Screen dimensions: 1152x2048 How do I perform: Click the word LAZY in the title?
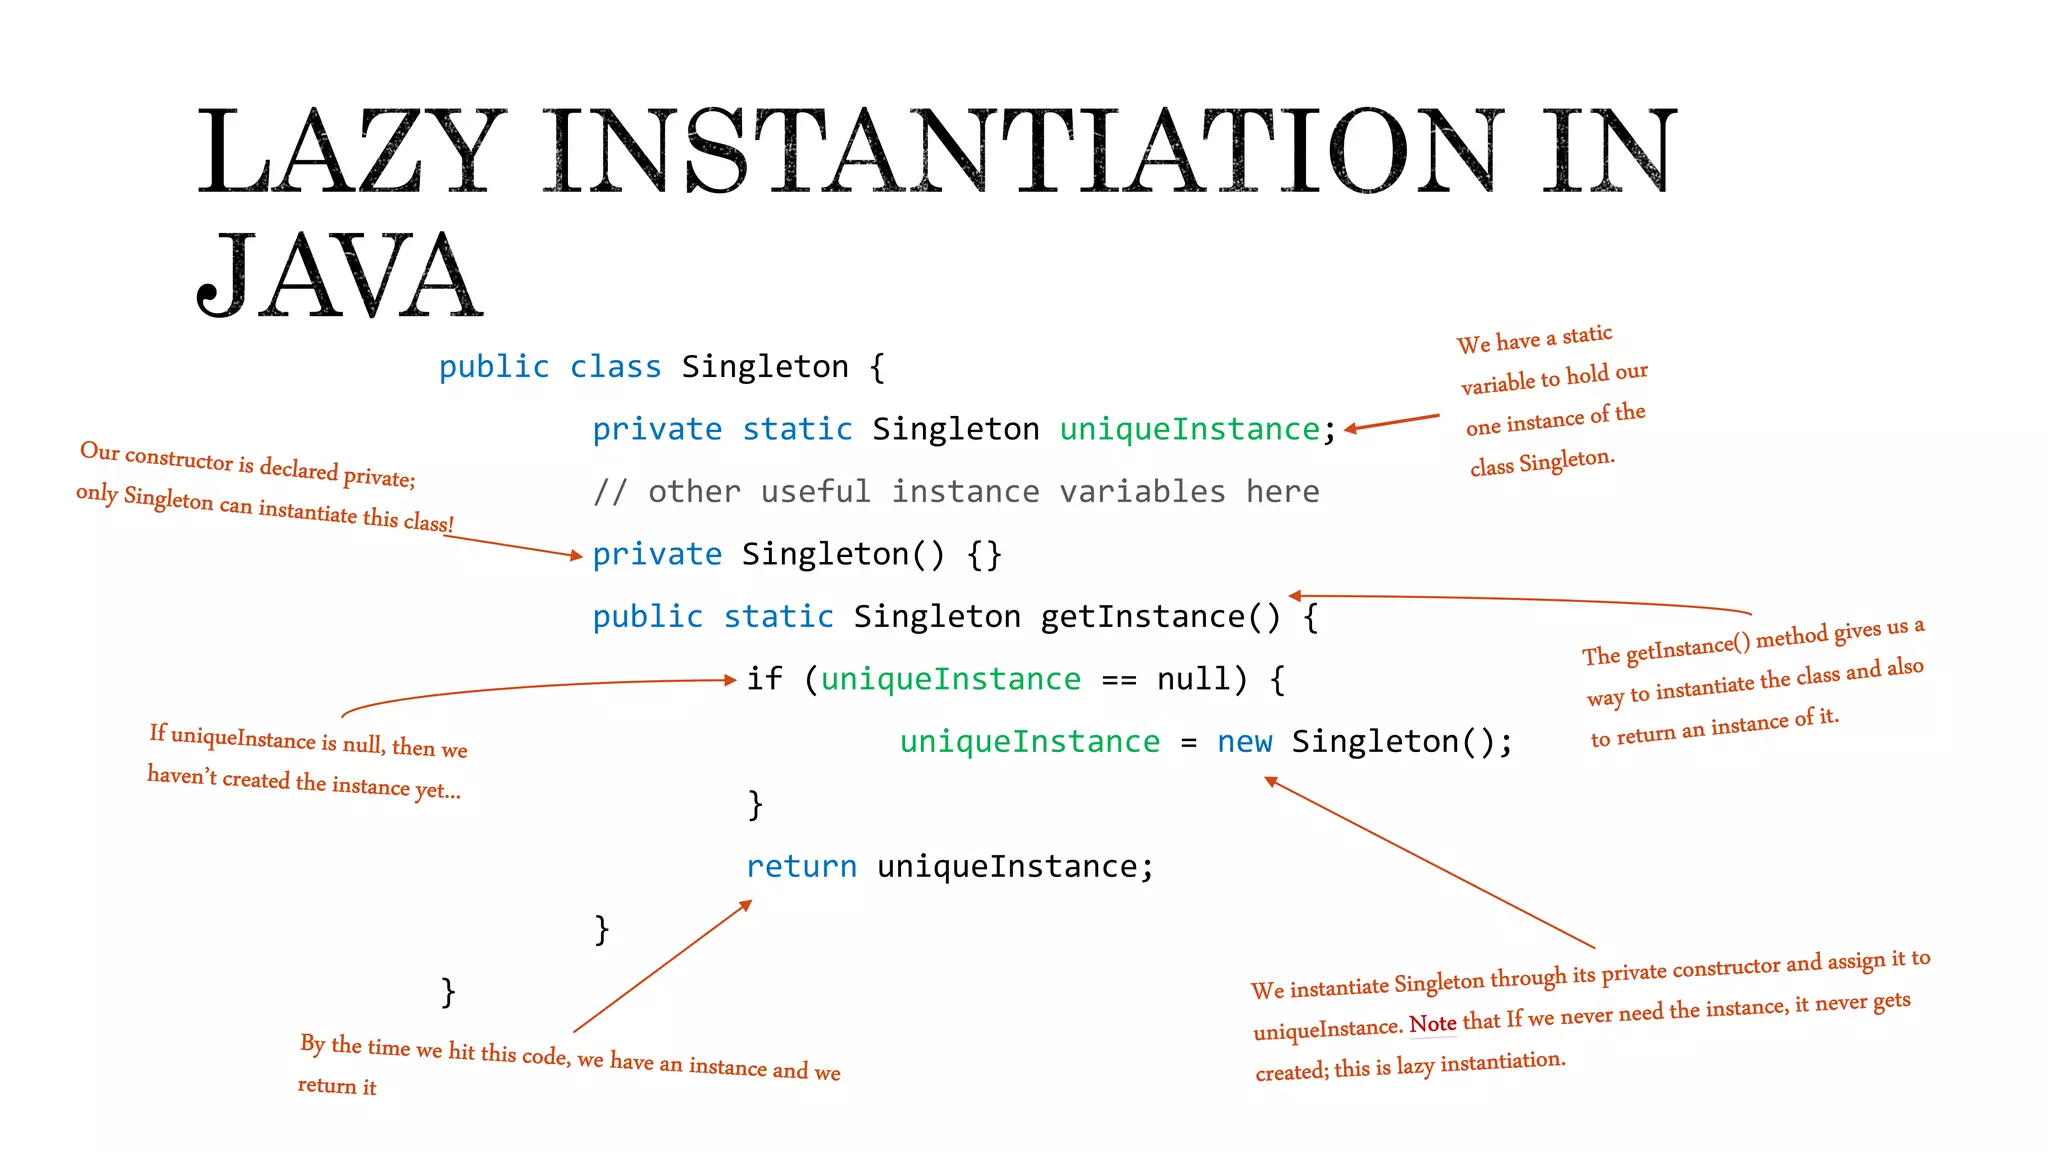pos(350,152)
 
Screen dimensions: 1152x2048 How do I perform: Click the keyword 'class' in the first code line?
pos(615,367)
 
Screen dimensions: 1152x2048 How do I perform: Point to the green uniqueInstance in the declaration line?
pos(1189,429)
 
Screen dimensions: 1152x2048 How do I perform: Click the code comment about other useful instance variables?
pos(955,492)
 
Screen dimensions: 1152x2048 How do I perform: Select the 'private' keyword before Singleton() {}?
pos(656,554)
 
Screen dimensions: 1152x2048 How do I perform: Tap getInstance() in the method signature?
pos(1160,617)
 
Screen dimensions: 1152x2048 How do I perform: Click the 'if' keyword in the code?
pos(764,679)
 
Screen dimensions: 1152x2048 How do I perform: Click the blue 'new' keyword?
pos(1244,742)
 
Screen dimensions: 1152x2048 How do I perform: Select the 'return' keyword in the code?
pos(801,866)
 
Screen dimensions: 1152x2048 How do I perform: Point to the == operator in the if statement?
pos(1118,680)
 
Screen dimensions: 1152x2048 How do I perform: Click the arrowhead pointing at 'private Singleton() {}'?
pos(576,555)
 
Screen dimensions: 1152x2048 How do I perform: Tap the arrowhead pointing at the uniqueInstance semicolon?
pos(1350,429)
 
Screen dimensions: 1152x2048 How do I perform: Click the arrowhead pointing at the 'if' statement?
pos(731,680)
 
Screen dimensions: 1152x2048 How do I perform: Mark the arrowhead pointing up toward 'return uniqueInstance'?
pos(745,905)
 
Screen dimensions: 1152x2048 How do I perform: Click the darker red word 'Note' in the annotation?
pos(1432,1024)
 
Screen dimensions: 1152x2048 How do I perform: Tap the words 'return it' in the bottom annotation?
pos(337,1086)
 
